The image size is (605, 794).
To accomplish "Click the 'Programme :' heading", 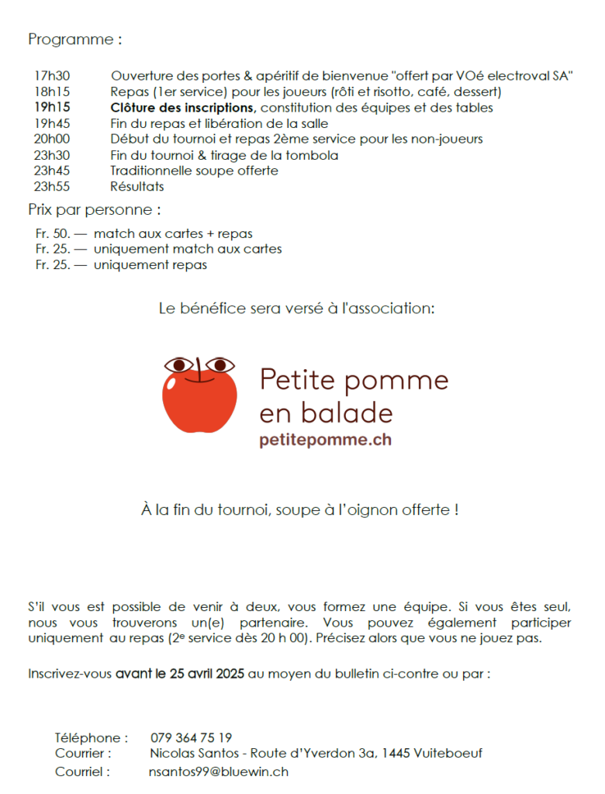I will pos(75,40).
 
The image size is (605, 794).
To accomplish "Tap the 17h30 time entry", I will pos(52,76).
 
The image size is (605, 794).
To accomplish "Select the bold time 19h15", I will pos(52,108).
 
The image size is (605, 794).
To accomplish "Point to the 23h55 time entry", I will pos(52,186).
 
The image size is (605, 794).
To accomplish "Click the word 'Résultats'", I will pos(137,186).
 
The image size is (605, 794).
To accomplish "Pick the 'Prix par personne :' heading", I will pos(95,210).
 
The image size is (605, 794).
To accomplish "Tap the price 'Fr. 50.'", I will pos(53,233).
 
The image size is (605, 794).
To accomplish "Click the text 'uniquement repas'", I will pos(150,265).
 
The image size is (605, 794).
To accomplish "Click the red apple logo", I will pos(200,395).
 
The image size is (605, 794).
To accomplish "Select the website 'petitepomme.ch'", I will pos(326,440).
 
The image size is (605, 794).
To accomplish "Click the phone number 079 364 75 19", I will pos(191,737).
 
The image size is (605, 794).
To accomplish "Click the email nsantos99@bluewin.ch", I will pos(219,772).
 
